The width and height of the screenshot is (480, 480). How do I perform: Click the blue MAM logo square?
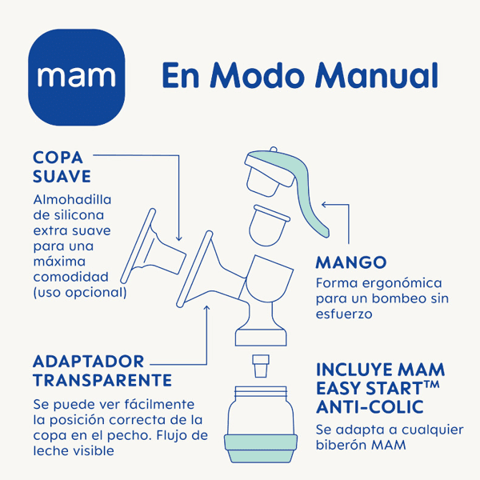coord(77,76)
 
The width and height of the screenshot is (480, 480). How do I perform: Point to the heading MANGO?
coord(350,262)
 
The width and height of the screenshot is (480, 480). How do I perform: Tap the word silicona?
coord(74,215)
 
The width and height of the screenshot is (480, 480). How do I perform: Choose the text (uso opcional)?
coord(80,292)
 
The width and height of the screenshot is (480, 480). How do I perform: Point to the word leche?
coord(53,451)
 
